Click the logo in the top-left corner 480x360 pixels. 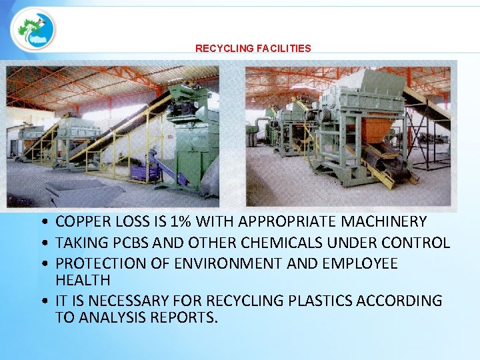click(x=33, y=30)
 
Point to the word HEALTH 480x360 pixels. click(x=83, y=280)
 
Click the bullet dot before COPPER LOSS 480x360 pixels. click(x=43, y=222)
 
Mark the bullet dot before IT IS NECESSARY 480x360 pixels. click(x=43, y=301)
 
